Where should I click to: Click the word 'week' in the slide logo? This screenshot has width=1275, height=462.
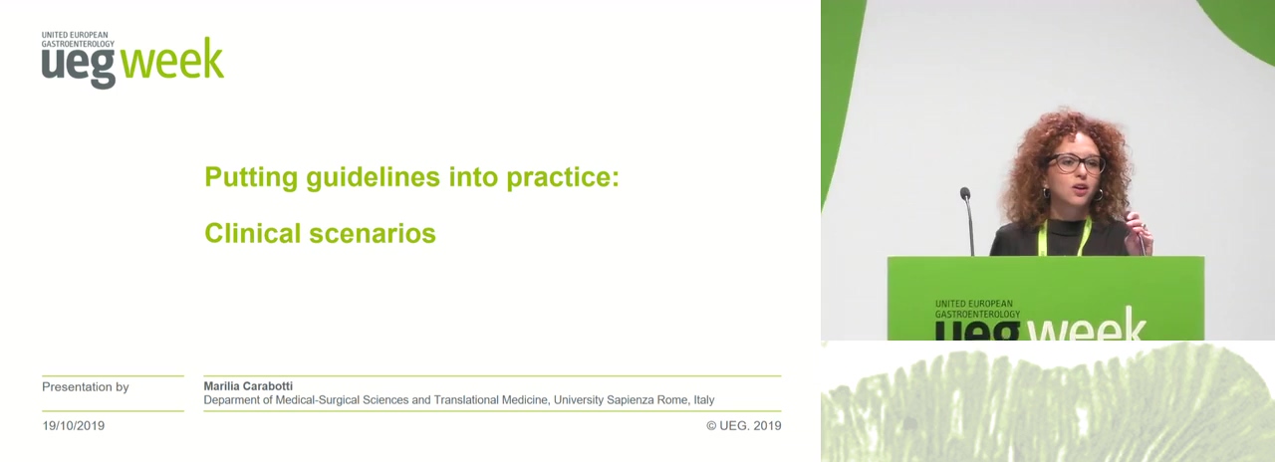172,58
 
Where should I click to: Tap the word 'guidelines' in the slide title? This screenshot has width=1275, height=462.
373,177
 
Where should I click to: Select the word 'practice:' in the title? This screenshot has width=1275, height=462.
563,177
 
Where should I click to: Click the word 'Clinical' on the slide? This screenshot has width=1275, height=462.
252,233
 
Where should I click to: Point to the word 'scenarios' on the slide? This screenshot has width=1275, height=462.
373,233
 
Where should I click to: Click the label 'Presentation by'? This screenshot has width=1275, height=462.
86,387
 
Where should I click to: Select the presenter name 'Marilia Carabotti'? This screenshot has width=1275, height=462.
248,385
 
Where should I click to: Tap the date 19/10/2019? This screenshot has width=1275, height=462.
74,425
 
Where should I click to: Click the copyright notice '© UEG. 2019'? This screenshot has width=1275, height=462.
744,425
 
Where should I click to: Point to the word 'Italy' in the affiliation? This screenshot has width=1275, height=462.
703,400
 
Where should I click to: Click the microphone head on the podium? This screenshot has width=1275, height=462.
965,193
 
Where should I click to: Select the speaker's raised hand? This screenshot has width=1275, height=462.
1139,232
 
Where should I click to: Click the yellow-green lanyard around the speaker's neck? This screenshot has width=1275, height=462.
1064,236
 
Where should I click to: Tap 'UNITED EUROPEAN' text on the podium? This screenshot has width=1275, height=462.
974,304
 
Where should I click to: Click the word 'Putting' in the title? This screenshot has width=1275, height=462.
251,177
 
